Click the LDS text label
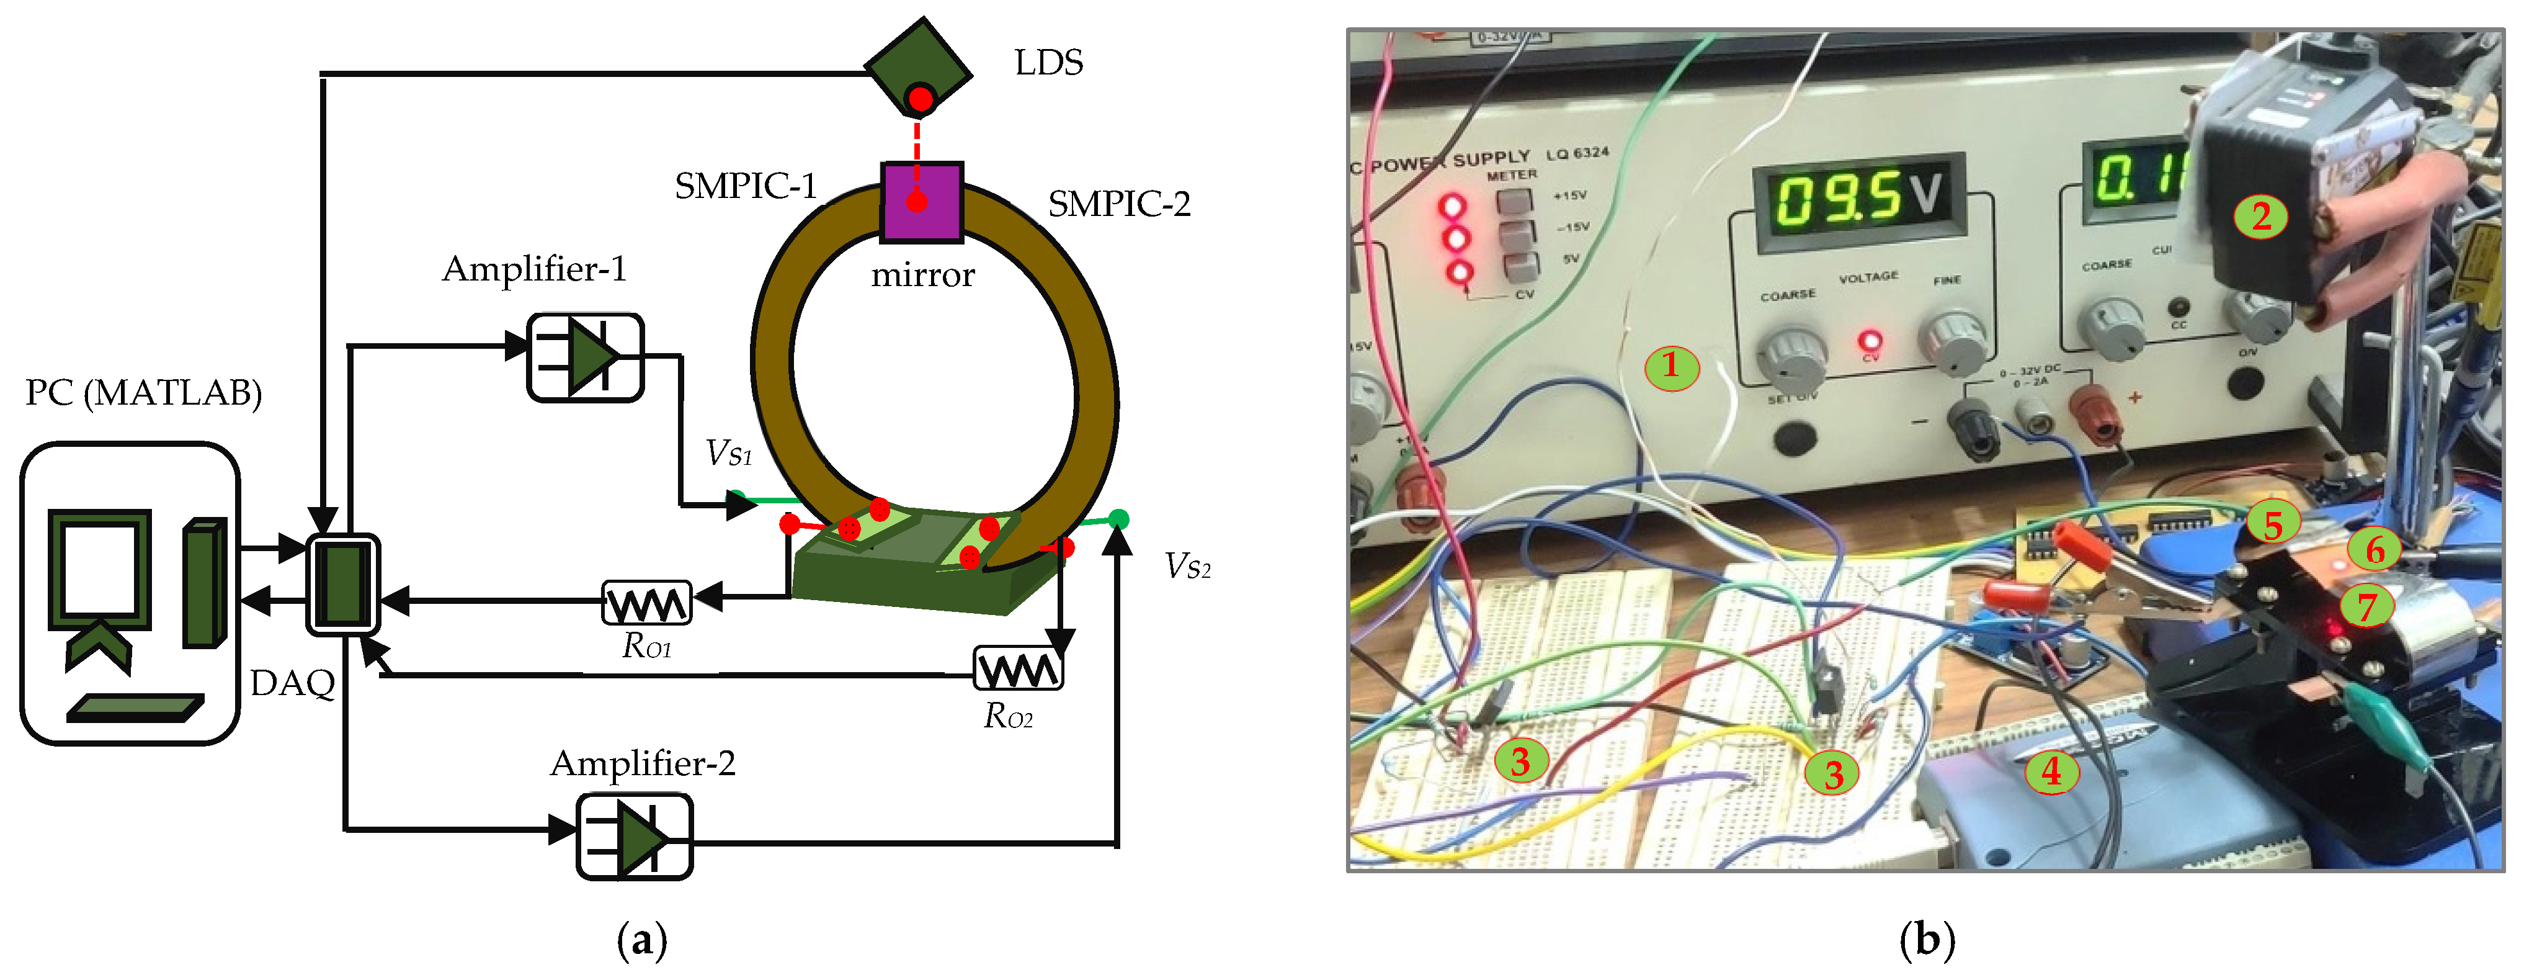pyautogui.click(x=1048, y=63)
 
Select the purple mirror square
pyautogui.click(x=921, y=202)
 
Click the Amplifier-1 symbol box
pyautogui.click(x=585, y=357)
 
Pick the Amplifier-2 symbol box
pyautogui.click(x=634, y=836)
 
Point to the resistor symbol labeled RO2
pyautogui.click(x=1017, y=668)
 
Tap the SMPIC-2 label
pyautogui.click(x=1119, y=204)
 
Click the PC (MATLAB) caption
pyautogui.click(x=143, y=393)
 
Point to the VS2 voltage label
pyautogui.click(x=1187, y=567)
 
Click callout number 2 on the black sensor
pyautogui.click(x=2260, y=215)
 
